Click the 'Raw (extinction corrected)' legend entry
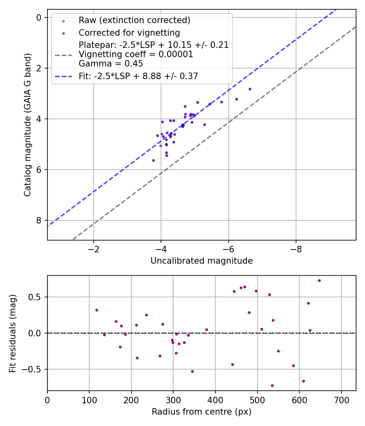point(134,20)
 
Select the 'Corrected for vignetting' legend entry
point(129,32)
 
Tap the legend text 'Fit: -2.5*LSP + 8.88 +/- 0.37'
point(138,76)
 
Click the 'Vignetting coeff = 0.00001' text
point(135,54)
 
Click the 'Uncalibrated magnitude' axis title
point(202,261)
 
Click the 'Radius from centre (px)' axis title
point(202,412)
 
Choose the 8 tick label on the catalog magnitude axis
point(39,220)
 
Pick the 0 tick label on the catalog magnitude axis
point(39,17)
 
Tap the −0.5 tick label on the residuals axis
point(34,369)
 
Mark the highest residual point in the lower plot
point(319,280)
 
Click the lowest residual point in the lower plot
point(272,385)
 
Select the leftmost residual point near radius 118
point(97,310)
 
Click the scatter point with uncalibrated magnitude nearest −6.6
point(250,89)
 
